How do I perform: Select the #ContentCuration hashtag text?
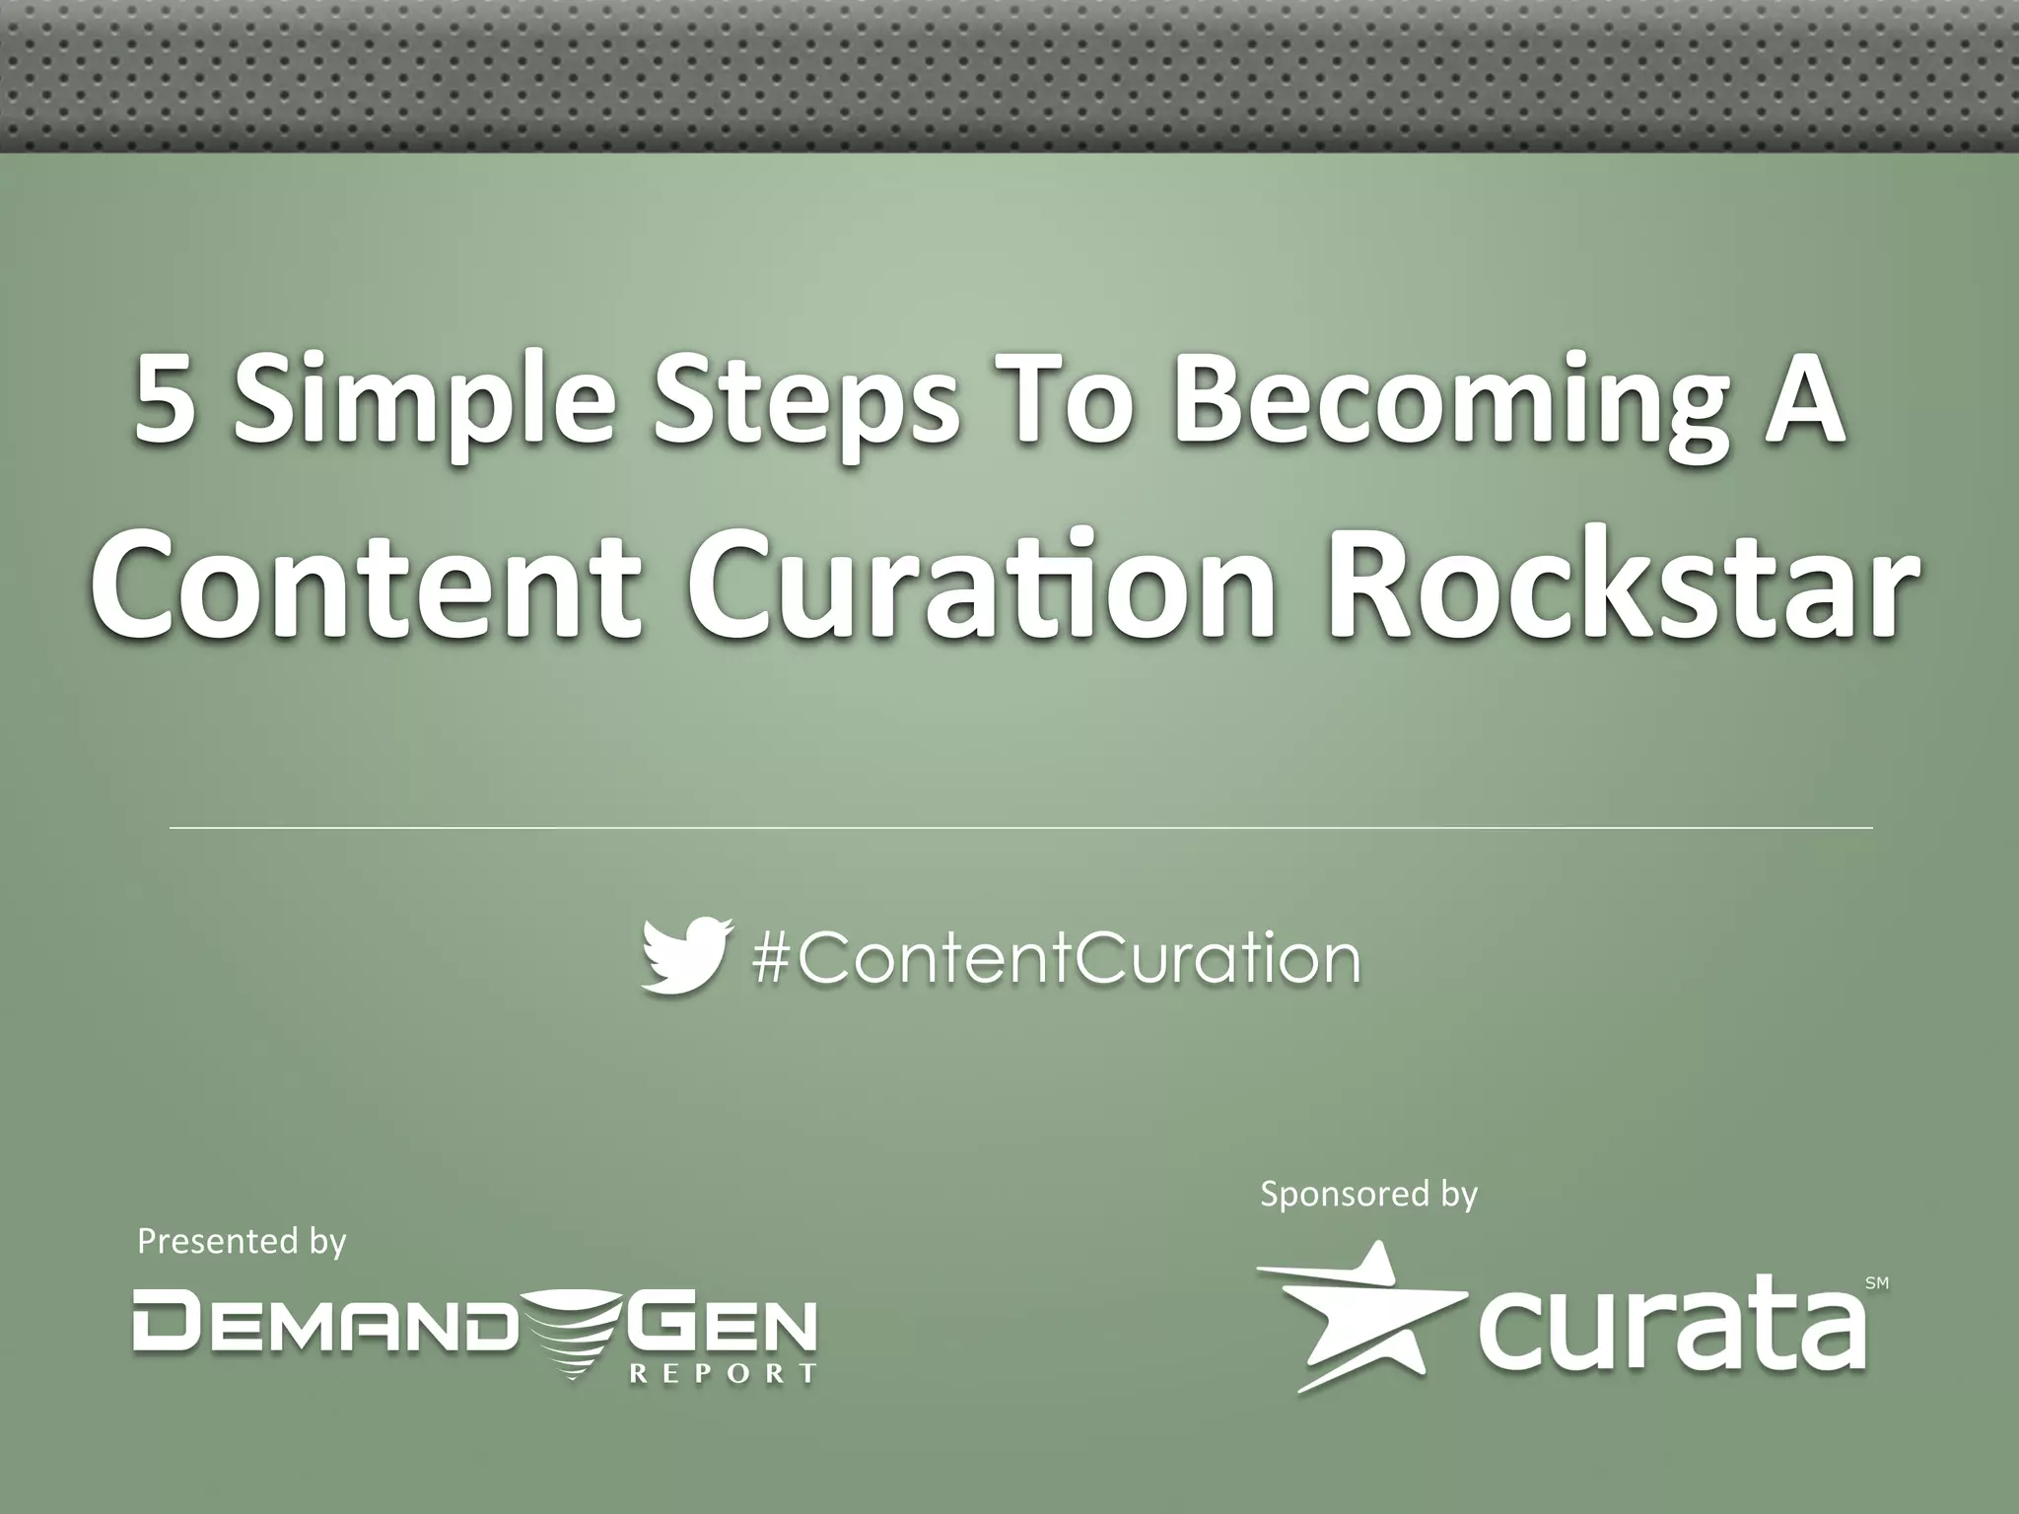(1056, 957)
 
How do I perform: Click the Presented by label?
(242, 1240)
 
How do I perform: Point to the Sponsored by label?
(1368, 1194)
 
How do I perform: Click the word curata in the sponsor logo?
(1670, 1327)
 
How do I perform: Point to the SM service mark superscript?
(1877, 1283)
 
